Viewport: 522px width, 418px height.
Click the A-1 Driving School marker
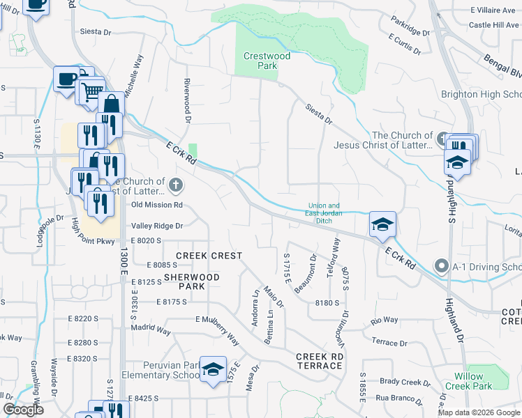(x=440, y=266)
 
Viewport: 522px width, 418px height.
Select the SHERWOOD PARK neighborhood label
(x=192, y=281)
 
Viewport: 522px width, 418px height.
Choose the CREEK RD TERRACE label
(x=320, y=361)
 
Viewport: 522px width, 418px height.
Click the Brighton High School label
(x=481, y=94)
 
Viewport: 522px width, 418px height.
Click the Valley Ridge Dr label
(x=157, y=226)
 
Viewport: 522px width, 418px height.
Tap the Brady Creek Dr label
(x=401, y=382)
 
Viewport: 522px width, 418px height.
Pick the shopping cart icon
(x=91, y=91)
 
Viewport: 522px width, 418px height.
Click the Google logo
(x=23, y=410)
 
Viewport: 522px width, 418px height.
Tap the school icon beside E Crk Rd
(x=382, y=224)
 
